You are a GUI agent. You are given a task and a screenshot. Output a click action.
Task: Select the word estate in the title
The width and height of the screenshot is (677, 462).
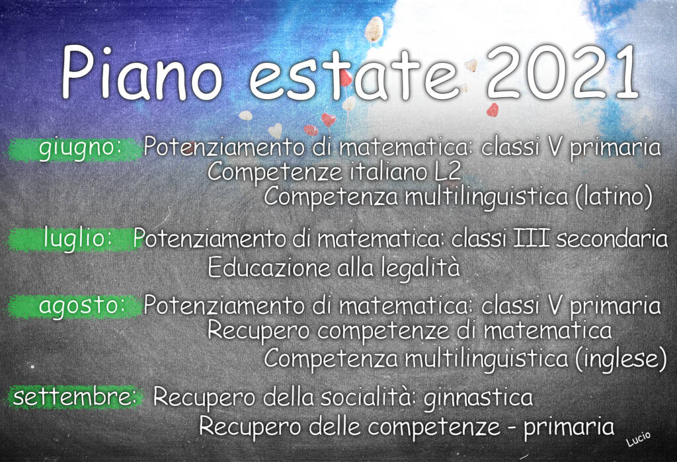tap(353, 74)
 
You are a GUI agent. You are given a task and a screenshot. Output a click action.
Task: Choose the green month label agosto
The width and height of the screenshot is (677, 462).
tap(82, 306)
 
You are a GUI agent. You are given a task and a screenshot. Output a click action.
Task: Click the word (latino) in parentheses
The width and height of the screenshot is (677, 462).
tap(614, 196)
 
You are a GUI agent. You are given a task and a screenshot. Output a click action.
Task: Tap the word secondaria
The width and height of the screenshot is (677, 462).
tap(612, 239)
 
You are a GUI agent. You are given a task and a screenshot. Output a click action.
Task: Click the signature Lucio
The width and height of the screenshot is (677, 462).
tap(638, 438)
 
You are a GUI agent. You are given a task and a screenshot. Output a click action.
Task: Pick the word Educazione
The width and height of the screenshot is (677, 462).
tap(269, 268)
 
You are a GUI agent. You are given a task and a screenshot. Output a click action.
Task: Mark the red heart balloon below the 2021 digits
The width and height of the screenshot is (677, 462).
tap(492, 110)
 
